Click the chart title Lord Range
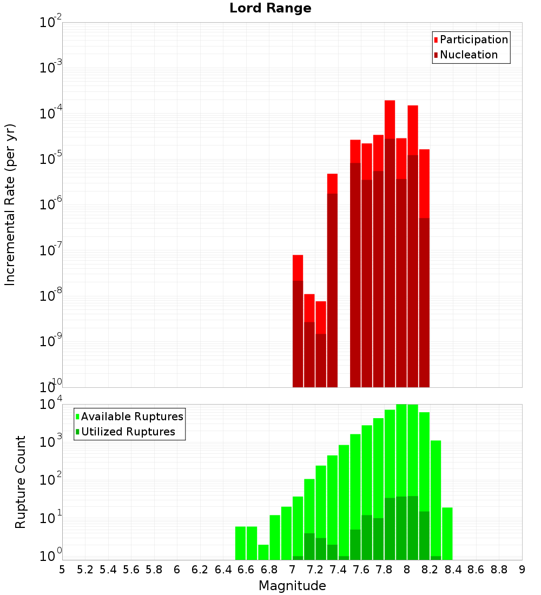tap(270, 9)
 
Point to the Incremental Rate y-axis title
tap(10, 204)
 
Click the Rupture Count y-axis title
tap(21, 481)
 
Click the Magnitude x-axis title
tap(292, 586)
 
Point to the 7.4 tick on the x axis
tap(338, 570)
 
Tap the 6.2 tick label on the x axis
tap(200, 570)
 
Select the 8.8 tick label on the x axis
tap(499, 570)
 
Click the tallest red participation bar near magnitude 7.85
tap(390, 119)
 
